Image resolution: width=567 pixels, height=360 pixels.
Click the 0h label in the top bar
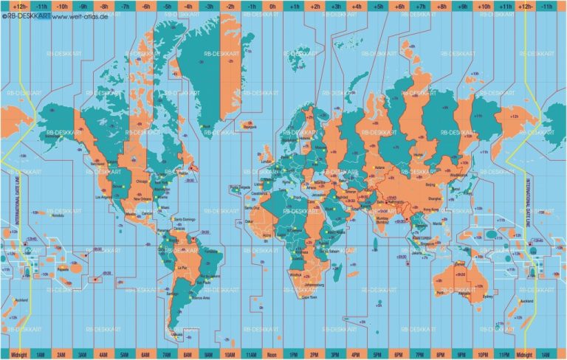[x=273, y=6]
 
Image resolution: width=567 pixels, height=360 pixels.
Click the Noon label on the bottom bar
[x=273, y=353]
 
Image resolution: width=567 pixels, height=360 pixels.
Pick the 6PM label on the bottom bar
[x=399, y=353]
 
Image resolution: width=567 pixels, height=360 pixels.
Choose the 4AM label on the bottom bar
[x=103, y=353]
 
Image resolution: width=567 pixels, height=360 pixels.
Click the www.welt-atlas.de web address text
[x=78, y=15]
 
